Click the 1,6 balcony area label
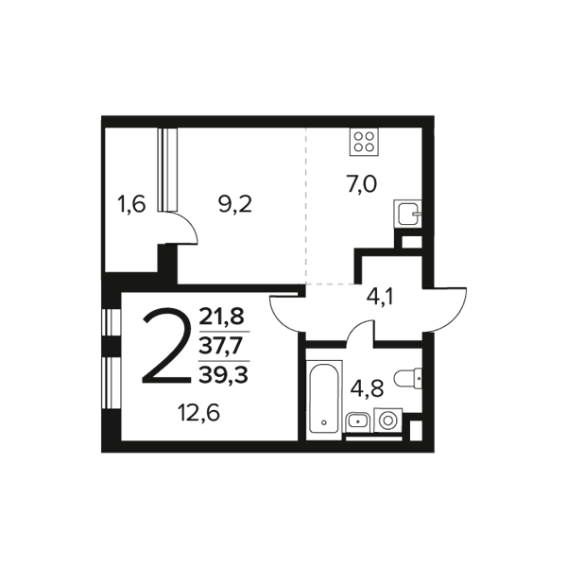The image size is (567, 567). [x=131, y=204]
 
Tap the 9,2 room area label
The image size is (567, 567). [x=235, y=204]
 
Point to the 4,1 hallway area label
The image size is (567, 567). [x=380, y=298]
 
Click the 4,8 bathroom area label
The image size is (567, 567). [x=368, y=388]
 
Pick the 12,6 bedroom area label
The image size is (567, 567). [x=198, y=413]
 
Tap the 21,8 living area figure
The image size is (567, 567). [x=222, y=316]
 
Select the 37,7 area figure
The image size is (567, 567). [x=222, y=346]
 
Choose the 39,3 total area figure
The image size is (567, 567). [x=223, y=374]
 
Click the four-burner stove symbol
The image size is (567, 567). [x=364, y=142]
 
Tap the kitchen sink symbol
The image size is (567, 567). [x=407, y=214]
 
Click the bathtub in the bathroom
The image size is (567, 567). [x=323, y=400]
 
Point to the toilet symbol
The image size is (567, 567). [x=408, y=379]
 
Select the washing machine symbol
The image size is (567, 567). [x=388, y=421]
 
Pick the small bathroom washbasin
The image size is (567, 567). [x=357, y=421]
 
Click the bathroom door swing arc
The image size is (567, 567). [x=355, y=326]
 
